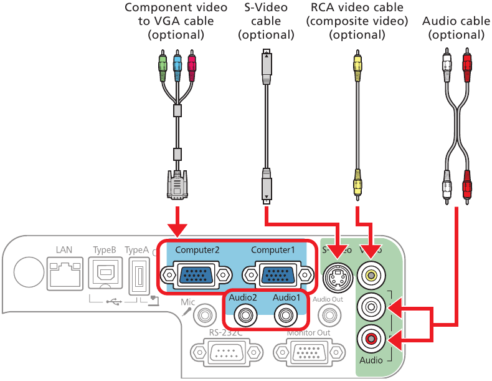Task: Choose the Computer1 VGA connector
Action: point(277,274)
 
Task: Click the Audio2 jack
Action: point(242,316)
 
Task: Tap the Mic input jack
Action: point(202,316)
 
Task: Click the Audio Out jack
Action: point(328,316)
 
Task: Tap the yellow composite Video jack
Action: point(371,274)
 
